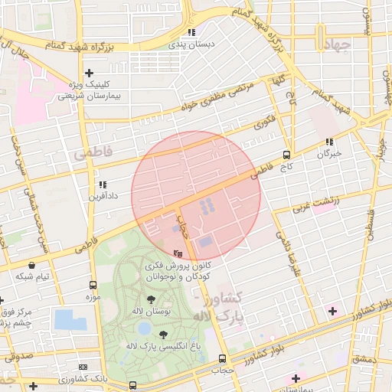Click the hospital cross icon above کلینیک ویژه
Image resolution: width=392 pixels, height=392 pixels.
click(x=90, y=73)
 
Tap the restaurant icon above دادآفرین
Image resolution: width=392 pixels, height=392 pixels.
click(x=102, y=185)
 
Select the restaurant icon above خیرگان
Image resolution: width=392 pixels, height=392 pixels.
click(x=329, y=142)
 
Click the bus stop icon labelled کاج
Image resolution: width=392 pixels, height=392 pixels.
click(x=286, y=154)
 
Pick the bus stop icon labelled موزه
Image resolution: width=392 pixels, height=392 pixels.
click(x=93, y=285)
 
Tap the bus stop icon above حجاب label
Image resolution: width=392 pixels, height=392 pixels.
click(x=222, y=358)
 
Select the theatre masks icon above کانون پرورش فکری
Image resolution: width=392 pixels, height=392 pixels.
click(x=178, y=253)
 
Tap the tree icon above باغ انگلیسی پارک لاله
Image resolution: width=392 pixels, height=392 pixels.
click(x=162, y=334)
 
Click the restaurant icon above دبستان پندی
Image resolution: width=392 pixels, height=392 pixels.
click(x=191, y=33)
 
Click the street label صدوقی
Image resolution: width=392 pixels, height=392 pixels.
click(x=21, y=356)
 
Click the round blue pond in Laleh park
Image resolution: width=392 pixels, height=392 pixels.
click(x=144, y=328)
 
